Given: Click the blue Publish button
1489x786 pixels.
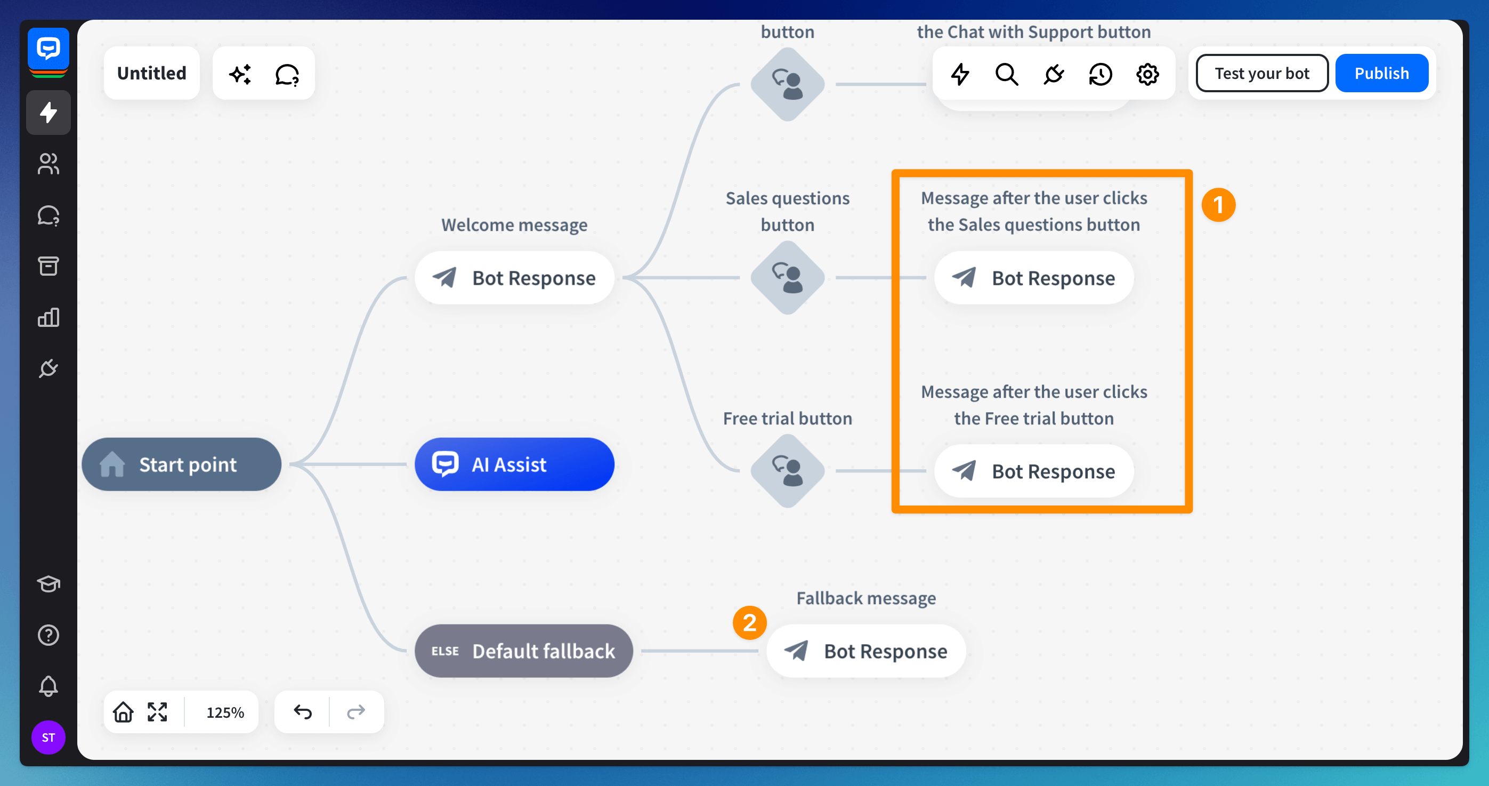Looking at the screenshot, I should point(1381,74).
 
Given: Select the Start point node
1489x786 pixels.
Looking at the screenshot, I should point(182,464).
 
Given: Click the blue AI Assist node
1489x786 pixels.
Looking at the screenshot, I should point(514,464).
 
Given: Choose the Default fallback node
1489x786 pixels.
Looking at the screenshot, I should point(523,651).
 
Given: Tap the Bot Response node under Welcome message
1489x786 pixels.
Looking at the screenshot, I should point(514,278).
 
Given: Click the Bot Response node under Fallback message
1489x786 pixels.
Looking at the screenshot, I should point(865,651).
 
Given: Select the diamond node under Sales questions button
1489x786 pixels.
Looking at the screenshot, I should point(787,278).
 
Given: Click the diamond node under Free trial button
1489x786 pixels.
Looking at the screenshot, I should point(787,471).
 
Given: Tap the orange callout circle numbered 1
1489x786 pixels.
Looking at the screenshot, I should point(1218,205).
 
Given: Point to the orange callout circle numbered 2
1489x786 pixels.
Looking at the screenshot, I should point(749,623).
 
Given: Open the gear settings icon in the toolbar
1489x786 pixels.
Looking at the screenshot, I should point(1147,74).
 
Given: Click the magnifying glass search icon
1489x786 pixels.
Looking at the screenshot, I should point(1006,74).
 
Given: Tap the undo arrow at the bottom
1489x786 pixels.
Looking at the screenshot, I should point(302,711).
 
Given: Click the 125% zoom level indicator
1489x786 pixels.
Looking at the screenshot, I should point(225,712).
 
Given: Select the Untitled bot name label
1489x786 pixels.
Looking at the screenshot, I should point(151,74).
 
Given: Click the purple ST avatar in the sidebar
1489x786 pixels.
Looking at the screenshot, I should point(48,737).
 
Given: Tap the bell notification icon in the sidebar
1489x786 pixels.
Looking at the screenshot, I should point(48,686).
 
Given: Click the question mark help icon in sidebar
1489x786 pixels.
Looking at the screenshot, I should point(48,635).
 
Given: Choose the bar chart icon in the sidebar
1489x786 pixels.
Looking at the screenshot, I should point(48,317).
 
